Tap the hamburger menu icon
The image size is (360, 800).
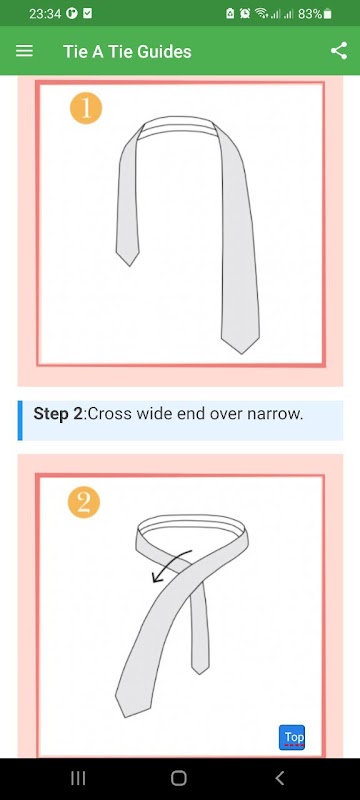coord(24,51)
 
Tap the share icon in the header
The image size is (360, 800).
coord(339,51)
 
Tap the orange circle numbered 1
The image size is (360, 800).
coord(86,108)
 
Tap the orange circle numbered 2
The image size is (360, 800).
coord(84,502)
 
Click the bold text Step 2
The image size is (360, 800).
coord(58,414)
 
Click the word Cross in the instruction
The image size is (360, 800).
coord(105,414)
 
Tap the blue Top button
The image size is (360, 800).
coord(292,737)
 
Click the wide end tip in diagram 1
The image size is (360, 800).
coord(241,353)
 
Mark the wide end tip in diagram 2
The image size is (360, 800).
coord(125,717)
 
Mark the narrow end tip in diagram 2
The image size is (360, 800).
coord(200,674)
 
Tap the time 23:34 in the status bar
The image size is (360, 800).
coord(44,14)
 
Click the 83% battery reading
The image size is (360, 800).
coord(310,14)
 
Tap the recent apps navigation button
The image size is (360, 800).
coord(78,778)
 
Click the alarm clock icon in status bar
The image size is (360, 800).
coord(245,14)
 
